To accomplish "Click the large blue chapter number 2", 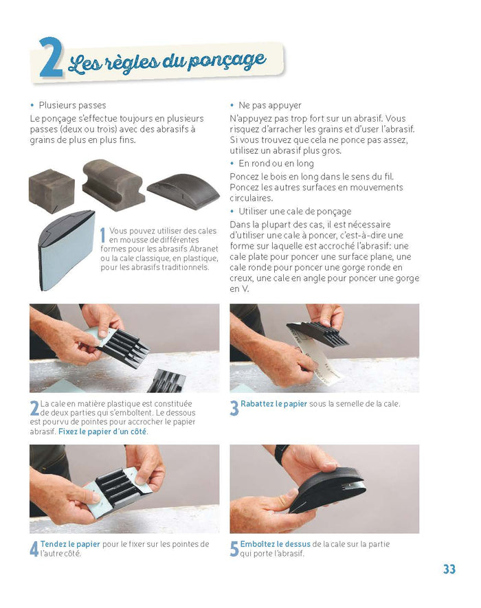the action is (51, 58).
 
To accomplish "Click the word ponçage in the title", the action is (227, 60).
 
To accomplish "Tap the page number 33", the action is (449, 569).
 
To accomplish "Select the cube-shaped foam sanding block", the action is (52, 191).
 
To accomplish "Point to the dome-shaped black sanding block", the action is (183, 190).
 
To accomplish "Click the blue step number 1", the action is (103, 236).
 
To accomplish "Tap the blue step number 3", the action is (234, 408).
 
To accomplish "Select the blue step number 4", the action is (34, 549).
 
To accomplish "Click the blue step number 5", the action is (234, 549).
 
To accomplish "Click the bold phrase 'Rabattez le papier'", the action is (274, 404).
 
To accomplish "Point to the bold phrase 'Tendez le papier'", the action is (70, 544).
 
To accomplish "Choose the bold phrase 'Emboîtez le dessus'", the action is (276, 544).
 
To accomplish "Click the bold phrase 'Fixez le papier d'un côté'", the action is (102, 431).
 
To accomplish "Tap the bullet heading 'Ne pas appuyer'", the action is (270, 105).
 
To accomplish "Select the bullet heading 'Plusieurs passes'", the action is (73, 105).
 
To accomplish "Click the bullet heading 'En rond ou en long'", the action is (276, 164).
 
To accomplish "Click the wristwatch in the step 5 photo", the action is (281, 453).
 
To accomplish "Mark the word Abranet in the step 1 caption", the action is (203, 249).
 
